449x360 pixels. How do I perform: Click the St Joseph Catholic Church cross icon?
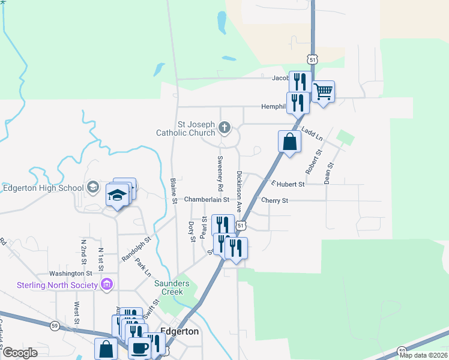[224, 127]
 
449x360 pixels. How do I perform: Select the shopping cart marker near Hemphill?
[323, 92]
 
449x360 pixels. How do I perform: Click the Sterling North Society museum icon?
[108, 283]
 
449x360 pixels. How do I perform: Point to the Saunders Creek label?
[172, 287]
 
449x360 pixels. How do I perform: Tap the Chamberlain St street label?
[206, 199]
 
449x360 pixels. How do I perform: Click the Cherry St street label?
[274, 200]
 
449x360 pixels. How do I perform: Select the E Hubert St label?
[288, 184]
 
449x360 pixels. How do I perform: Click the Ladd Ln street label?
[312, 134]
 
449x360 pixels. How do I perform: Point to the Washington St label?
[70, 273]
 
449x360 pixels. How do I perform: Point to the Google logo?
[20, 353]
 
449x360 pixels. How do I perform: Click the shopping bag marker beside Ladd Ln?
[289, 142]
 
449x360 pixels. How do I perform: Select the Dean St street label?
[329, 173]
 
